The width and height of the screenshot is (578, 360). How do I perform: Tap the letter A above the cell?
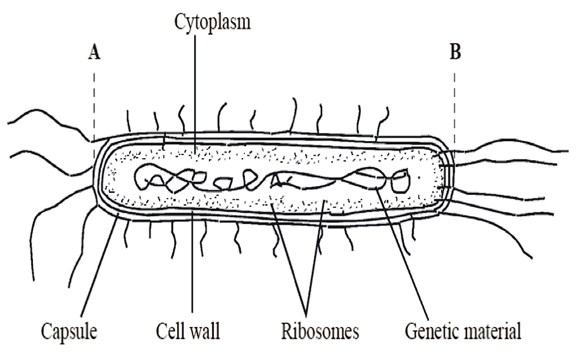tap(94, 53)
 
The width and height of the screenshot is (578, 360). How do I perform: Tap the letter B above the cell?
tap(455, 53)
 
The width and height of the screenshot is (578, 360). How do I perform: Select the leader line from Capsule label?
tap(101, 266)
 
